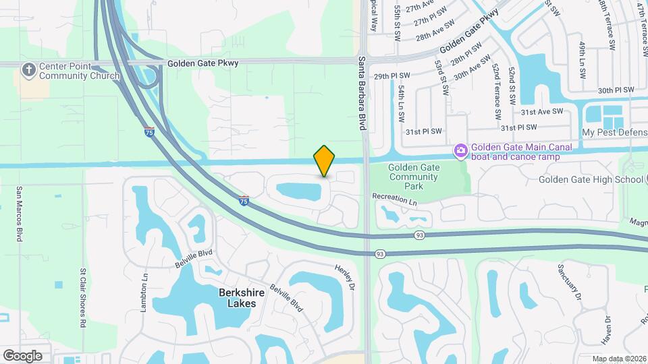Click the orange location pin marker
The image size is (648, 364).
[324, 161]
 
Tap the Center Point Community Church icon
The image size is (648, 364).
[29, 69]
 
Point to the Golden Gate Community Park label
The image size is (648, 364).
[414, 177]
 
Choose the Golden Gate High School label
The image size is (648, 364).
[591, 179]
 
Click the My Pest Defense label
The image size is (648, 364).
[614, 133]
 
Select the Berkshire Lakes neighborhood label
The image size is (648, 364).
[238, 298]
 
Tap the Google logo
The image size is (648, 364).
[22, 355]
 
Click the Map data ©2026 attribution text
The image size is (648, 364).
[618, 359]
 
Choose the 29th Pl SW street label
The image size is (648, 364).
[392, 76]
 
